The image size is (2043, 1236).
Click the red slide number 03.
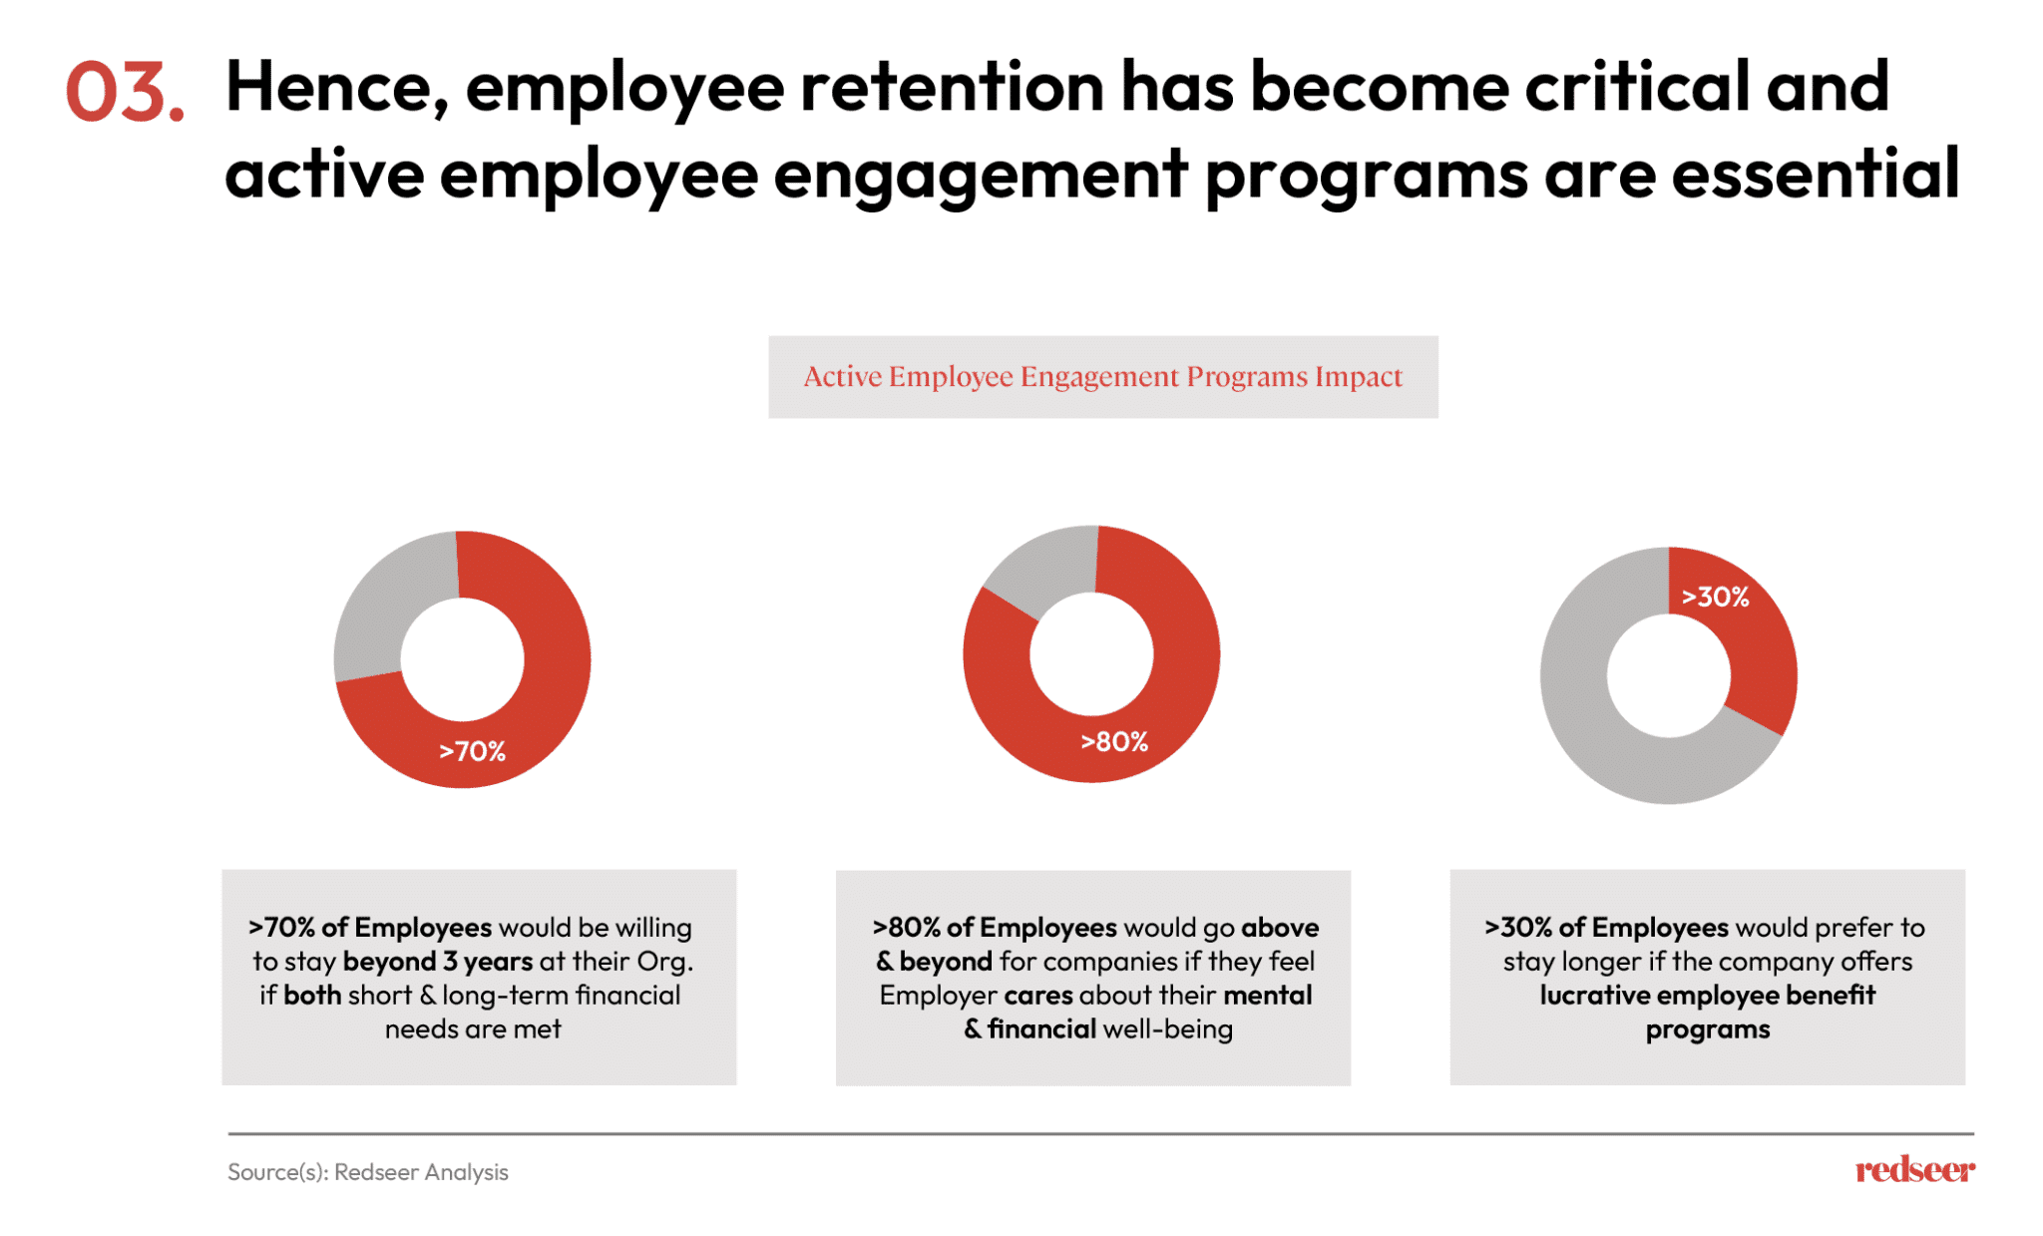tap(125, 92)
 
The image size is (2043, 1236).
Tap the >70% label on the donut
tap(473, 751)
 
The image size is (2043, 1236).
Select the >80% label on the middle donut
tap(1114, 742)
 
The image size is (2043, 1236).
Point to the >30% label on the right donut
tap(1715, 597)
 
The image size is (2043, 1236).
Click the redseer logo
tap(1914, 1169)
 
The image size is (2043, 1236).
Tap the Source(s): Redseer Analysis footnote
tap(368, 1172)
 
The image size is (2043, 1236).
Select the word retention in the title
tap(952, 87)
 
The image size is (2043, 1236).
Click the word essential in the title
tap(1816, 174)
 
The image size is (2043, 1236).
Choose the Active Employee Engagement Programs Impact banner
tap(1102, 377)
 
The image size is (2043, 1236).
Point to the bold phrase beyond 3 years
tap(438, 962)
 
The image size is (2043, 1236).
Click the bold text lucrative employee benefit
tap(1707, 996)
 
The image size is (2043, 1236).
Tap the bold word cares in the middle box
tap(1037, 996)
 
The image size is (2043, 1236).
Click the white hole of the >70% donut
tap(462, 659)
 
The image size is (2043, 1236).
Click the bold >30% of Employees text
tap(1605, 928)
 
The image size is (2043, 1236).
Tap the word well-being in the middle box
tap(1167, 1030)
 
